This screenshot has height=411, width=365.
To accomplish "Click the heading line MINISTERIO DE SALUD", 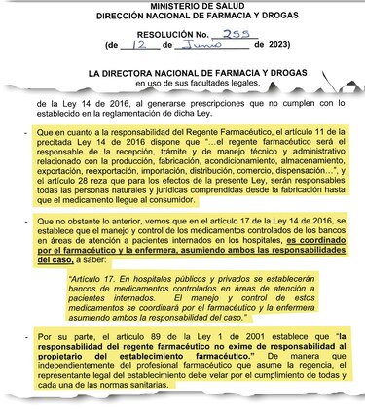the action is [x=185, y=6].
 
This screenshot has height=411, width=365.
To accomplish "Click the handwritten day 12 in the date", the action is [x=143, y=45].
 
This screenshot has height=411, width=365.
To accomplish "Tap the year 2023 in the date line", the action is [x=274, y=46].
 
